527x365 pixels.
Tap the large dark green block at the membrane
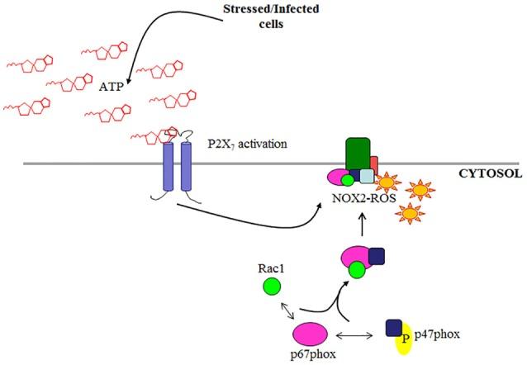click(x=356, y=154)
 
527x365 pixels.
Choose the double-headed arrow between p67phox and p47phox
click(x=361, y=337)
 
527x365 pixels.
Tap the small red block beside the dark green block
click(x=374, y=164)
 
